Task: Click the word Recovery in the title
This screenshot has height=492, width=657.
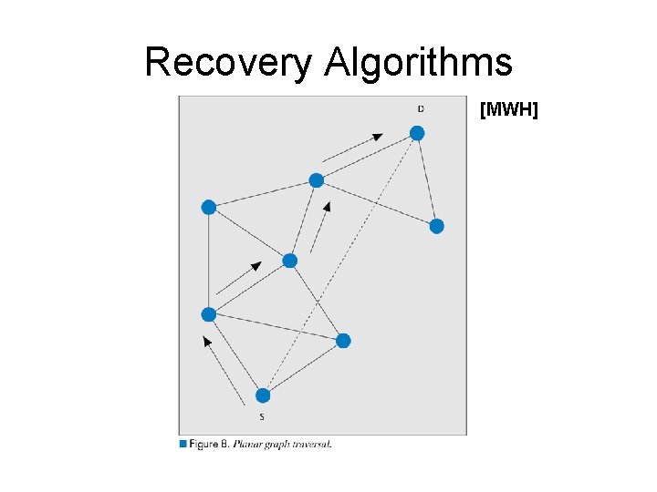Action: pyautogui.click(x=228, y=63)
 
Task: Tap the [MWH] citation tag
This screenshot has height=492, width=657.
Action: pyautogui.click(x=509, y=110)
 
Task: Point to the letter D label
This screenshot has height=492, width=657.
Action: pyautogui.click(x=420, y=109)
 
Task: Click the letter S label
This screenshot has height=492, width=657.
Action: pyautogui.click(x=262, y=416)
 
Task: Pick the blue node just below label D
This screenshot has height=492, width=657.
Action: pyautogui.click(x=417, y=133)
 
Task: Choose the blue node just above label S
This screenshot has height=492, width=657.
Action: pyautogui.click(x=263, y=395)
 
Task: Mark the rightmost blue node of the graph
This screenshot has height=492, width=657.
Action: pyautogui.click(x=437, y=226)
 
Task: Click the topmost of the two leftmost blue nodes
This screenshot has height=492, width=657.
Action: pyautogui.click(x=208, y=208)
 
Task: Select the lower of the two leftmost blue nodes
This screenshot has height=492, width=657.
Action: pyautogui.click(x=208, y=314)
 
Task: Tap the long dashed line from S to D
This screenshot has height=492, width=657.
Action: pyautogui.click(x=339, y=264)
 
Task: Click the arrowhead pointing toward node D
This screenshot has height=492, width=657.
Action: pyautogui.click(x=378, y=137)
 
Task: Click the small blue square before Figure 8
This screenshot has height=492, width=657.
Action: pyautogui.click(x=183, y=444)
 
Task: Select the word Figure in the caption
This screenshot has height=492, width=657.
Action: pyautogui.click(x=204, y=445)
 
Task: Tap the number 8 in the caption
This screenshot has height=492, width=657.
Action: pyautogui.click(x=224, y=445)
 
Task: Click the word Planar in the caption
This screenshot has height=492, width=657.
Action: pyautogui.click(x=247, y=445)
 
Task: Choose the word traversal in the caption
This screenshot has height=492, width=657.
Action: pyautogui.click(x=313, y=445)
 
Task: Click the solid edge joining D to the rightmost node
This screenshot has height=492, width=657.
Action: pyautogui.click(x=427, y=179)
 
